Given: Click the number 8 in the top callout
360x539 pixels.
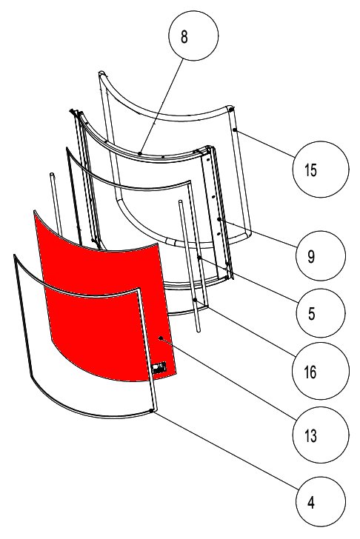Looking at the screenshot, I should point(195,38).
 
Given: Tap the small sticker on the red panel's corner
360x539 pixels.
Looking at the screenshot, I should point(158,366).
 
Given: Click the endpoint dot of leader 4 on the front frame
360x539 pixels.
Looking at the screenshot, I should point(152,409).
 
